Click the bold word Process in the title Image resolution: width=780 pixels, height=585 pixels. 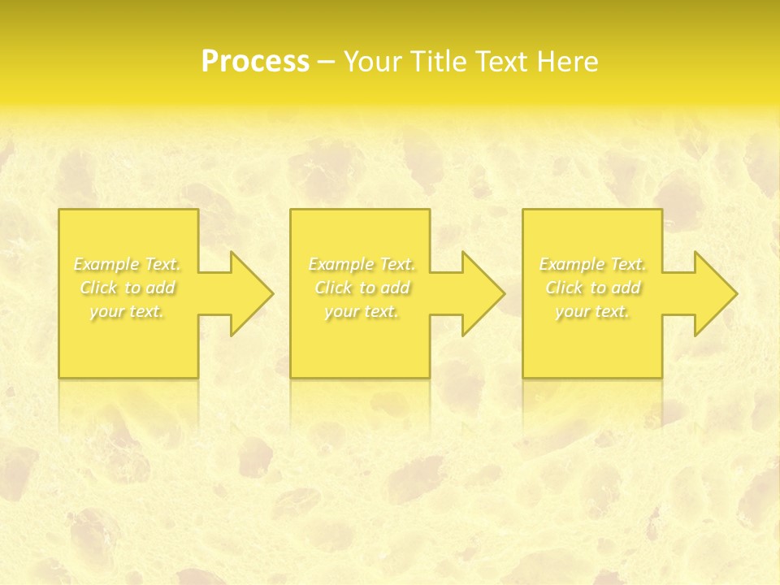pyautogui.click(x=255, y=62)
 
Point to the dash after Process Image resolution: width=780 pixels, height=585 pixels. pyautogui.click(x=327, y=63)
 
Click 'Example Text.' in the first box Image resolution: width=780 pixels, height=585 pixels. pyautogui.click(x=128, y=264)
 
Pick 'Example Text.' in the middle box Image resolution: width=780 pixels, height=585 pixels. pyautogui.click(x=362, y=264)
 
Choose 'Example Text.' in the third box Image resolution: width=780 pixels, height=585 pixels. pyautogui.click(x=592, y=264)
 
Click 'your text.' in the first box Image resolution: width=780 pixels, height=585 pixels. pyautogui.click(x=128, y=311)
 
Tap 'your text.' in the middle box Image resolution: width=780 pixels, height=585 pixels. pyautogui.click(x=362, y=311)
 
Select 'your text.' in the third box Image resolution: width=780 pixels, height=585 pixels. pyautogui.click(x=592, y=311)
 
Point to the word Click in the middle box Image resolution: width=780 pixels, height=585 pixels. pyautogui.click(x=333, y=288)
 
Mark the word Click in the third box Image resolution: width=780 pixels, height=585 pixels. pyautogui.click(x=564, y=288)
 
